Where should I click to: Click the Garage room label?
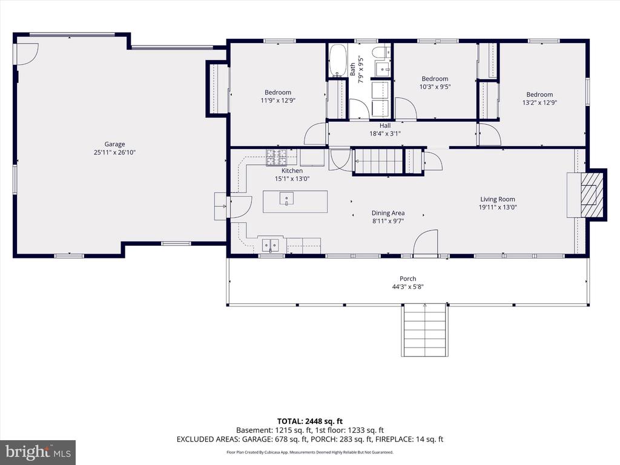click(114, 144)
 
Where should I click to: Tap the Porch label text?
click(407, 279)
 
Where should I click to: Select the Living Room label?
click(498, 199)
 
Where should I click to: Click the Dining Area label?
click(388, 213)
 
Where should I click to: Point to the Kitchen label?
click(292, 171)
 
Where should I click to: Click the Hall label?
click(385, 126)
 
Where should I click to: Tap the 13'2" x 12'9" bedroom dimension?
click(539, 102)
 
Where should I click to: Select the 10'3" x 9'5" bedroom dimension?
click(435, 87)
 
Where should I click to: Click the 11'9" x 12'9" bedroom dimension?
click(278, 101)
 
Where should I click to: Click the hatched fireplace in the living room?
click(592, 194)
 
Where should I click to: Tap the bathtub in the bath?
click(338, 60)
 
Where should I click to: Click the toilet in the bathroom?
click(381, 51)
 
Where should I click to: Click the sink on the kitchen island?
click(286, 198)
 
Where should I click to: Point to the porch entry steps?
click(424, 330)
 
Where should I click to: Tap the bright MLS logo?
click(38, 452)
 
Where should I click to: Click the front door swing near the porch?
click(425, 243)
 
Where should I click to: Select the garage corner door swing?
click(27, 54)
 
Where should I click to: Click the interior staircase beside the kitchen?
click(389, 161)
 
